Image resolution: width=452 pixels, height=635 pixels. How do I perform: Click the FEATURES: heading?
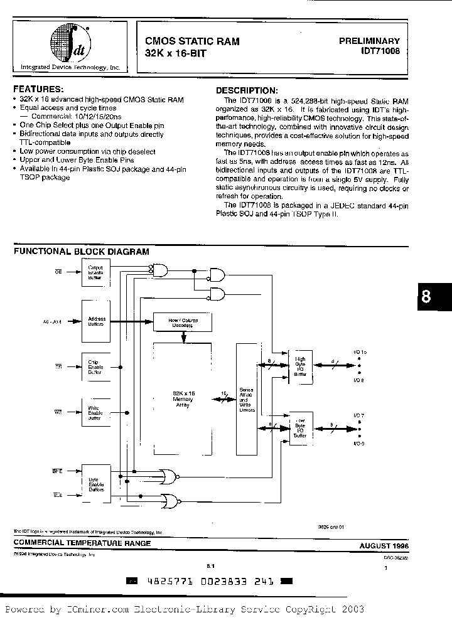click(x=38, y=90)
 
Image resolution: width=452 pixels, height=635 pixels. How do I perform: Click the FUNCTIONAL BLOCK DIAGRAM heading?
click(x=82, y=252)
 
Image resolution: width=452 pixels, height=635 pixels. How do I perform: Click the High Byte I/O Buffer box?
click(x=300, y=365)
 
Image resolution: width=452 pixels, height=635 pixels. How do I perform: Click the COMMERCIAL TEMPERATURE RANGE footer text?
click(x=82, y=543)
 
